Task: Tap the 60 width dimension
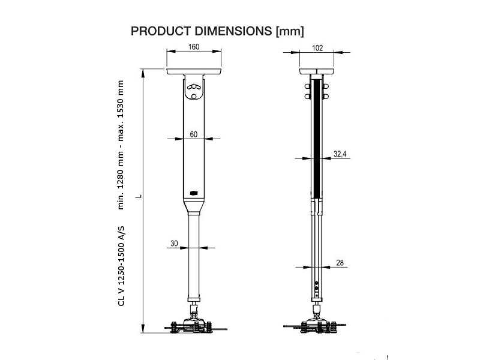click(x=194, y=134)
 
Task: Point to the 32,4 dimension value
click(x=340, y=154)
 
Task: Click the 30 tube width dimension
click(x=175, y=243)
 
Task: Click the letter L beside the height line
click(x=137, y=196)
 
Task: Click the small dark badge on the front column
click(x=193, y=192)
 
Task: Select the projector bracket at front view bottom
click(x=194, y=326)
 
